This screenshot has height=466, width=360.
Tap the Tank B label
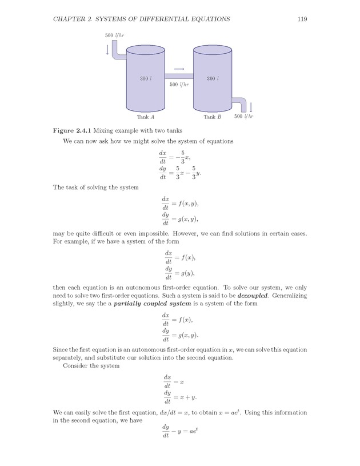[x=213, y=117]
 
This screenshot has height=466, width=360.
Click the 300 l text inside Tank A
[x=146, y=78]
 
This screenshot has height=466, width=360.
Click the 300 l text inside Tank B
[x=213, y=78]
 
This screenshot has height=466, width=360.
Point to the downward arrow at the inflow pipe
[x=107, y=50]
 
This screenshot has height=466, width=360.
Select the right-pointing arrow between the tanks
[x=179, y=69]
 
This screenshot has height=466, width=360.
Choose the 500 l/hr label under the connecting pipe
[x=179, y=85]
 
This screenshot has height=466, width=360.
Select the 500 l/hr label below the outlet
[x=244, y=117]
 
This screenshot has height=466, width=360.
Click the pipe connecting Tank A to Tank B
[x=179, y=76]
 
